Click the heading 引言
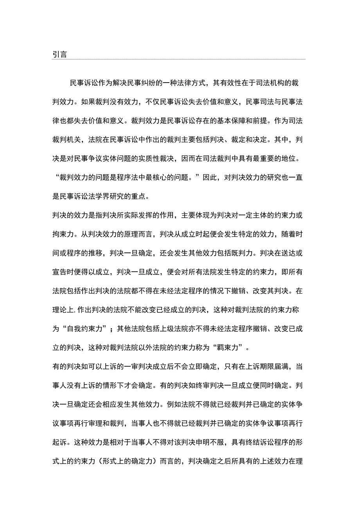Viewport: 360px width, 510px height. pyautogui.click(x=59, y=54)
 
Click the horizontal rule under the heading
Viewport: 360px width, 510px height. pyautogui.click(x=178, y=59)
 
